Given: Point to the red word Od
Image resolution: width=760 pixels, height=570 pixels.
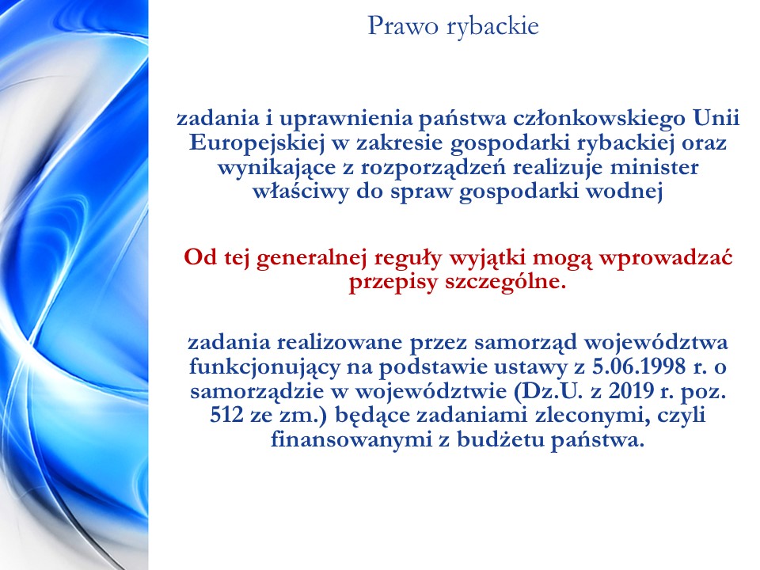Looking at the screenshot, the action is [200, 256].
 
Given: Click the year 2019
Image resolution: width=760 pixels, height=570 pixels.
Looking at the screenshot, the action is [631, 390].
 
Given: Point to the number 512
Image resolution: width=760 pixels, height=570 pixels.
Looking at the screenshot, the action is [226, 416].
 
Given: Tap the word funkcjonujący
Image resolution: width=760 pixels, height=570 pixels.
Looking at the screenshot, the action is [264, 367].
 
